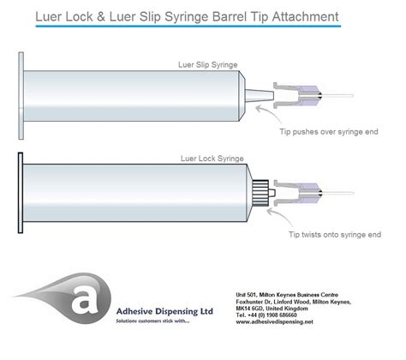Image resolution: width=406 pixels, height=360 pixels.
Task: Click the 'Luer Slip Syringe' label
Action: point(208,65)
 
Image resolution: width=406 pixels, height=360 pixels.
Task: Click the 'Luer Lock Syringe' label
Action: point(212,159)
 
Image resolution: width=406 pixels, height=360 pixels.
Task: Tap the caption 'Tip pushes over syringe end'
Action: point(329,132)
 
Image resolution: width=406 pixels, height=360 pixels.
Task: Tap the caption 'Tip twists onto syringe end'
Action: point(335,235)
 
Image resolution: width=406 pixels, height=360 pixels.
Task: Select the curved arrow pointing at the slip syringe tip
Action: point(270,113)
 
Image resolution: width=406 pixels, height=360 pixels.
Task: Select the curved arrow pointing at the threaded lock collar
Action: point(281,215)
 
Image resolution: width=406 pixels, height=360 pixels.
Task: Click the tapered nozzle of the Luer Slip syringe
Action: point(260,95)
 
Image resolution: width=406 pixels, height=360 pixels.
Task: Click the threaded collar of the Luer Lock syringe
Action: point(260,193)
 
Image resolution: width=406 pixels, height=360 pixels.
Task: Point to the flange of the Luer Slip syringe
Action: point(21,96)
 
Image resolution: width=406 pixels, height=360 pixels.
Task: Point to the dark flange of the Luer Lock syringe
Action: point(21,193)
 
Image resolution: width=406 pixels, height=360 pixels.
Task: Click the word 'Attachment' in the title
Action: point(305,16)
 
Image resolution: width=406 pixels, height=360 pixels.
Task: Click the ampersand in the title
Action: point(101,16)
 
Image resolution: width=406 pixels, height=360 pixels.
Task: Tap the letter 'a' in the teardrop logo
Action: point(84,301)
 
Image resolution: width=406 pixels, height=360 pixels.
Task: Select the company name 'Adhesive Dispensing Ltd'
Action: point(164,311)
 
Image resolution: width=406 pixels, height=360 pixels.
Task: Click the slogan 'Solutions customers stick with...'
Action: point(152,321)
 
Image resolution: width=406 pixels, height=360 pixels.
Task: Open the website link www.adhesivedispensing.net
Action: point(274,321)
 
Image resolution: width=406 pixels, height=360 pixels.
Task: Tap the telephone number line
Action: point(266,315)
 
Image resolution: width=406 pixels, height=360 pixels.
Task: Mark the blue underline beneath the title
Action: point(188,26)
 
